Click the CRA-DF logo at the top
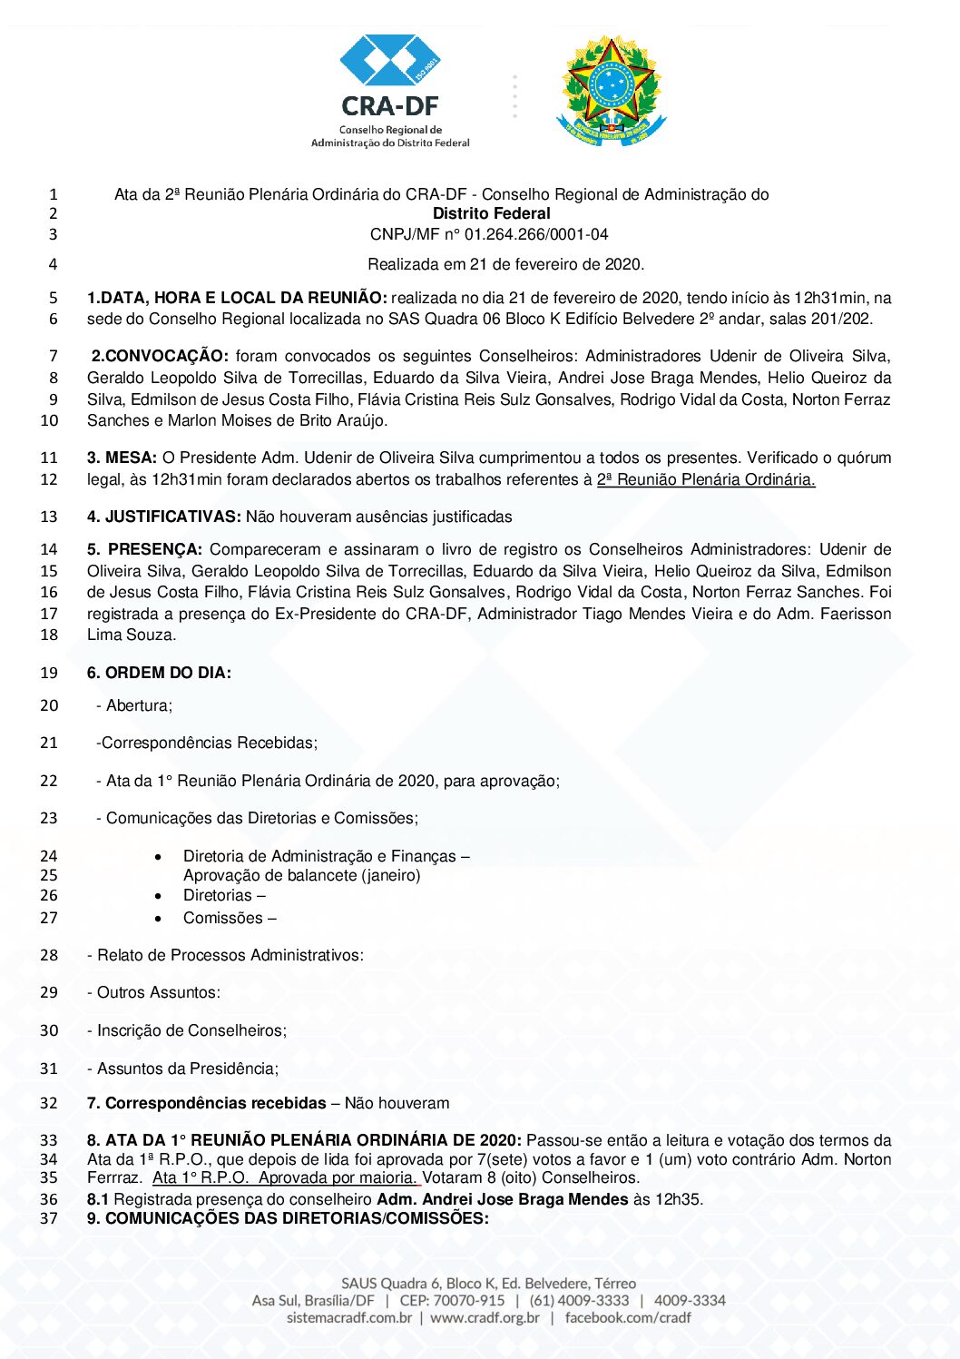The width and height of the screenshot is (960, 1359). pyautogui.click(x=390, y=91)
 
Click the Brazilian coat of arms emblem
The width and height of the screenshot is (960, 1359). pyautogui.click(x=611, y=91)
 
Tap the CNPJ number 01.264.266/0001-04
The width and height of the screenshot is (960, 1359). pyautogui.click(x=536, y=234)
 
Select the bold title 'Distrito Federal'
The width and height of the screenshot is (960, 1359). pyautogui.click(x=491, y=213)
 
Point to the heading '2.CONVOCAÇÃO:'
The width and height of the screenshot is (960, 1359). pyautogui.click(x=160, y=356)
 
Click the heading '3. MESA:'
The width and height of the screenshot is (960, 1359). pyautogui.click(x=122, y=458)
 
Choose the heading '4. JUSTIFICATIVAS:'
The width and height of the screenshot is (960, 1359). pyautogui.click(x=164, y=517)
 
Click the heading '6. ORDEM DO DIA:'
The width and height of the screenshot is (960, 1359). pyautogui.click(x=159, y=673)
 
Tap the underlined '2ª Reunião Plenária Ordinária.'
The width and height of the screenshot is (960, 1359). pyautogui.click(x=706, y=479)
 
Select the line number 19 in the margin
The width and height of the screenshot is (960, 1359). pyautogui.click(x=49, y=673)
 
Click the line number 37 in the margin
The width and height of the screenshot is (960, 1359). pyautogui.click(x=49, y=1218)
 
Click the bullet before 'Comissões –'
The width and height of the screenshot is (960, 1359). pyautogui.click(x=159, y=919)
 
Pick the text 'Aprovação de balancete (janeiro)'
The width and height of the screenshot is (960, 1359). pyautogui.click(x=302, y=875)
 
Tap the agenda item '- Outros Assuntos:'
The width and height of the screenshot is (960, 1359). pyautogui.click(x=153, y=992)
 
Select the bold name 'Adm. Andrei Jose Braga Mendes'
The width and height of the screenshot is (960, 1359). pyautogui.click(x=503, y=1199)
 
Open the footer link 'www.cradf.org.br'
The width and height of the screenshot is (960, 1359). pyautogui.click(x=485, y=1317)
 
